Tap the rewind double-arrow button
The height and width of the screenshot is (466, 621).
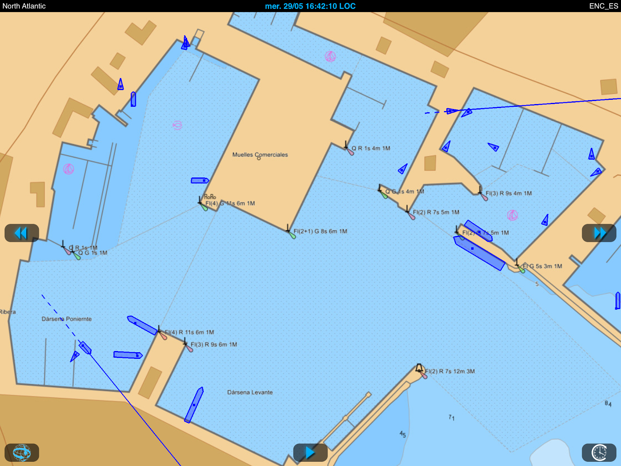(22, 233)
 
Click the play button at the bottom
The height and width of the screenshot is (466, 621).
(310, 452)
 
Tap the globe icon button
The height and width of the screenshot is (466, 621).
(22, 452)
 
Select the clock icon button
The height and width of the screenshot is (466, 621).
(599, 452)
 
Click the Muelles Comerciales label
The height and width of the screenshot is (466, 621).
(260, 155)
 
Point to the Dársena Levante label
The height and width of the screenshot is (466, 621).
(250, 392)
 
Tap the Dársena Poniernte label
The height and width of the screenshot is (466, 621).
(67, 319)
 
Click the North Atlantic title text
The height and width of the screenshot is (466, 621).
(24, 6)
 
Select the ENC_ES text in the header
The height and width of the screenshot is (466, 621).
(604, 6)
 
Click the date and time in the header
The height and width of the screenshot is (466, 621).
(310, 6)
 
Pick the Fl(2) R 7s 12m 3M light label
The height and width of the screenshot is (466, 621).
(450, 371)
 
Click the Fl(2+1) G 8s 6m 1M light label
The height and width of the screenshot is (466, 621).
(320, 231)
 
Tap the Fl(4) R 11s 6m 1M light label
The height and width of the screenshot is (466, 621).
(189, 332)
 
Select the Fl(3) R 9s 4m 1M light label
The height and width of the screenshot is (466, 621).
(508, 193)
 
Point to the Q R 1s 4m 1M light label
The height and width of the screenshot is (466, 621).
(371, 148)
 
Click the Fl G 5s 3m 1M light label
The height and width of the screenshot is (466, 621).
(543, 266)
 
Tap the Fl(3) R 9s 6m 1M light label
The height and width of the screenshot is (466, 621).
(214, 344)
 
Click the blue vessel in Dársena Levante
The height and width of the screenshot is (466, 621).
(194, 405)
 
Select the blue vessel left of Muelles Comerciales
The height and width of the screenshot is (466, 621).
(200, 181)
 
